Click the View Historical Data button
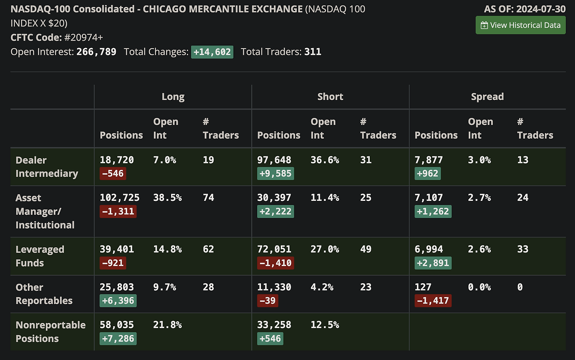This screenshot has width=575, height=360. pyautogui.click(x=521, y=25)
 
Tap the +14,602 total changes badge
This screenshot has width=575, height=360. pyautogui.click(x=212, y=52)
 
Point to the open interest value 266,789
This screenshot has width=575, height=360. pyautogui.click(x=96, y=52)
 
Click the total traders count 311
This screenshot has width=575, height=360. pyautogui.click(x=313, y=52)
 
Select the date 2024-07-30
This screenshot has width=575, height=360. pyautogui.click(x=541, y=9)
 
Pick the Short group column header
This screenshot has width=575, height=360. pyautogui.click(x=330, y=97)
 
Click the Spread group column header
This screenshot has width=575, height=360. pyautogui.click(x=487, y=97)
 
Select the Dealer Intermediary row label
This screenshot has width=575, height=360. pyautogui.click(x=47, y=167)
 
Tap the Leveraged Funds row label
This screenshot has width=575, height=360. pyautogui.click(x=40, y=256)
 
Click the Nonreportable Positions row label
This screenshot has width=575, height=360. pyautogui.click(x=50, y=332)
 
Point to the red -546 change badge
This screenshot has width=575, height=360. pyautogui.click(x=113, y=173)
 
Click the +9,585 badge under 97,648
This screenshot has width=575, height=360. pyautogui.click(x=275, y=173)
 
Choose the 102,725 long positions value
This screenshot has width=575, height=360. pyautogui.click(x=119, y=198)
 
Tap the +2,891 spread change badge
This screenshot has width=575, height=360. pyautogui.click(x=433, y=263)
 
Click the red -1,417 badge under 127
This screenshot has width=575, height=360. pyautogui.click(x=433, y=301)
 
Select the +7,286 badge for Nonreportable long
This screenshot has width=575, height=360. pyautogui.click(x=118, y=338)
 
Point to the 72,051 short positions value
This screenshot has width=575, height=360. pyautogui.click(x=274, y=249)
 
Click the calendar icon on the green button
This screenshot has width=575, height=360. pyautogui.click(x=484, y=25)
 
